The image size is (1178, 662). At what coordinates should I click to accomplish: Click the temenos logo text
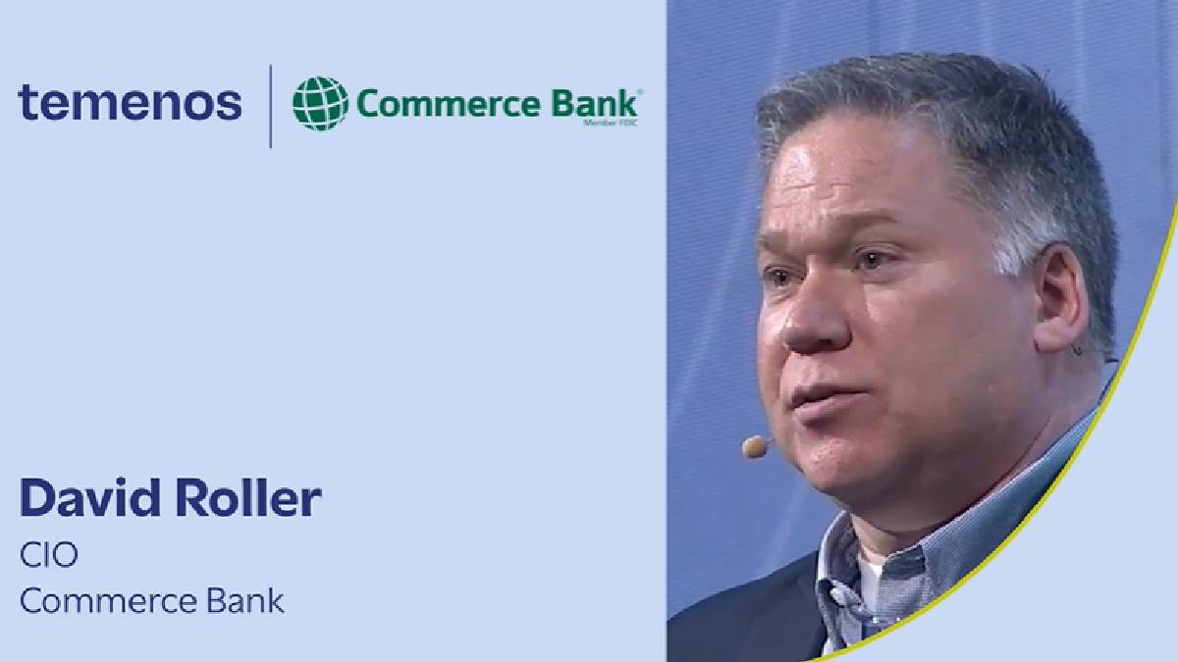[130, 102]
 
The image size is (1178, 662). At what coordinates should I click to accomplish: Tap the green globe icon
[320, 103]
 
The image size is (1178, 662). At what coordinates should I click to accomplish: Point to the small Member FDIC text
[610, 124]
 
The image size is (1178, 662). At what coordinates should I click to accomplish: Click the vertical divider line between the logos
[271, 106]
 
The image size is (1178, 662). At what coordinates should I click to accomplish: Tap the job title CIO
[48, 555]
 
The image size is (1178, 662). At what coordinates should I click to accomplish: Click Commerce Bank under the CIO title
[152, 600]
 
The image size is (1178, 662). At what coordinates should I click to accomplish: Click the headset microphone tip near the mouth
[754, 447]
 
